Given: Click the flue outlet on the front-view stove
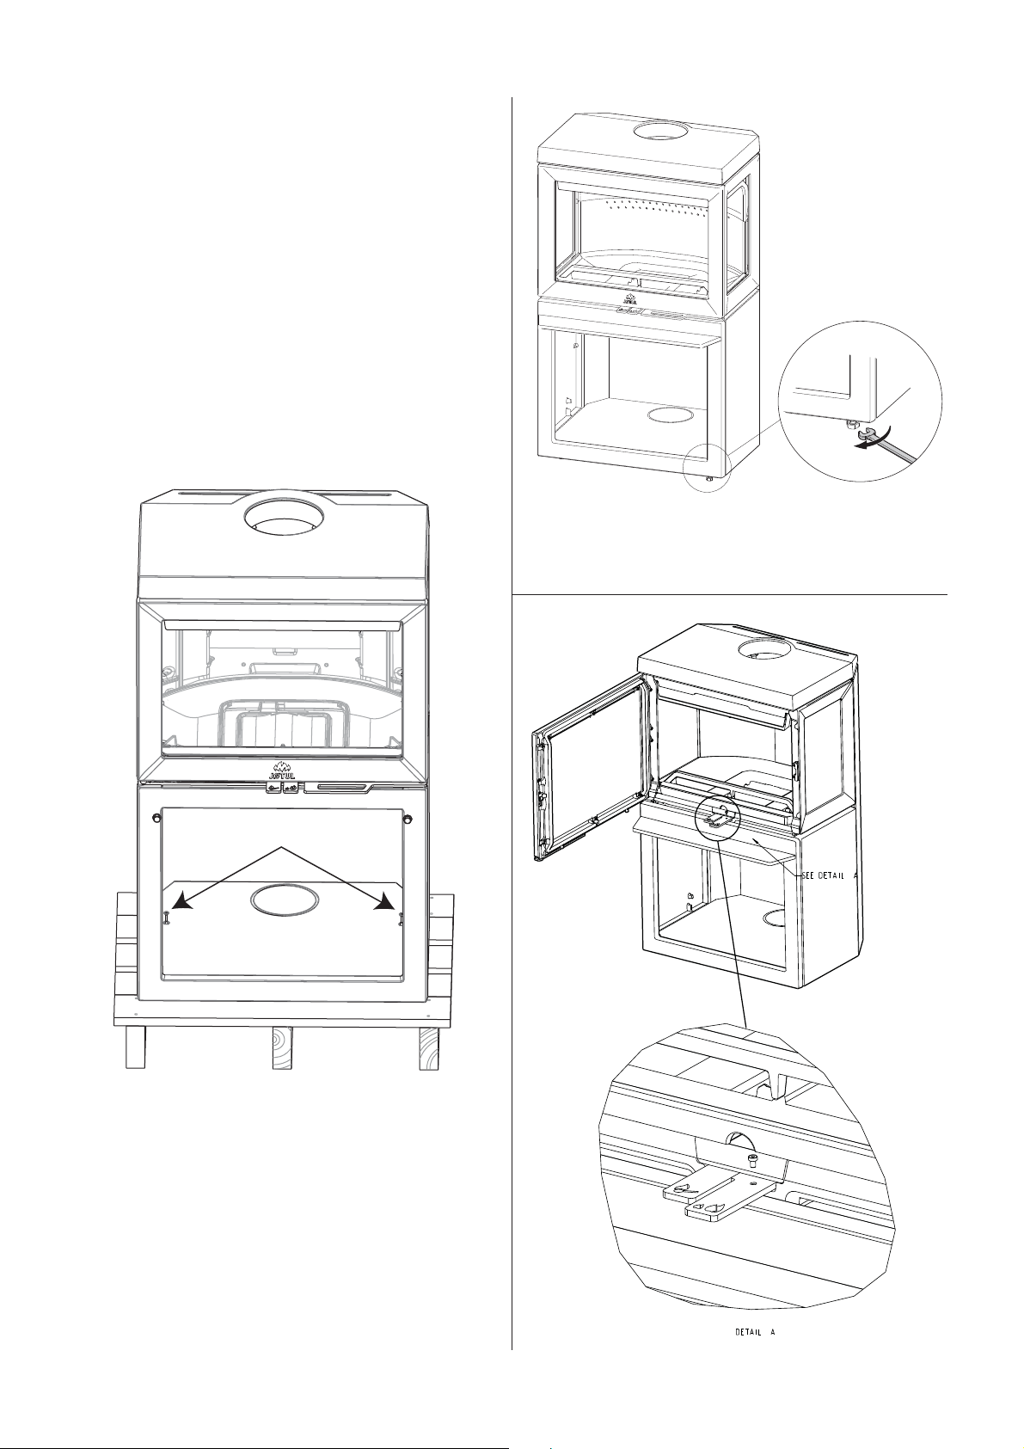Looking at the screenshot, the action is (x=280, y=516).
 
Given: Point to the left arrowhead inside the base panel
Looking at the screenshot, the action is (x=184, y=902).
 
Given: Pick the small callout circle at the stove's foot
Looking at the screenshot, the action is (x=707, y=467).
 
